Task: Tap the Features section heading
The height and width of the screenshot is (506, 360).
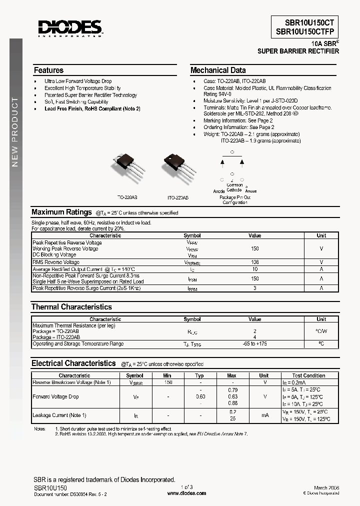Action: (48, 70)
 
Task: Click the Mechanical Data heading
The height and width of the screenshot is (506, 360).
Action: (218, 70)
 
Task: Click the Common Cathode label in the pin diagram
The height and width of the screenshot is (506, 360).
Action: (234, 187)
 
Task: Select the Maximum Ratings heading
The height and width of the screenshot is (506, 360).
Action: (61, 212)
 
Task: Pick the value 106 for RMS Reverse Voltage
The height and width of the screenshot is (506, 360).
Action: (255, 262)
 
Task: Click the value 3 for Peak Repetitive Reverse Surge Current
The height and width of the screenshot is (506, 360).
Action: (255, 288)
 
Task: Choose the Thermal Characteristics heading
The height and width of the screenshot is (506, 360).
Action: (71, 307)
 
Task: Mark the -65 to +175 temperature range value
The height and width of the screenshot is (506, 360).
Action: (255, 344)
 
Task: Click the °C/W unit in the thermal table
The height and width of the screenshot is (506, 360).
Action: (321, 331)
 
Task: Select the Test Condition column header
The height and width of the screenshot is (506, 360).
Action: (308, 375)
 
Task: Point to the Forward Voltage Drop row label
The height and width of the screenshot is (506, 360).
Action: (55, 397)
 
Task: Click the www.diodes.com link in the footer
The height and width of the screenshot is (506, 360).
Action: (186, 493)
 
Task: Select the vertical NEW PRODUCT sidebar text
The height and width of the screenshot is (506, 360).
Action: (15, 132)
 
